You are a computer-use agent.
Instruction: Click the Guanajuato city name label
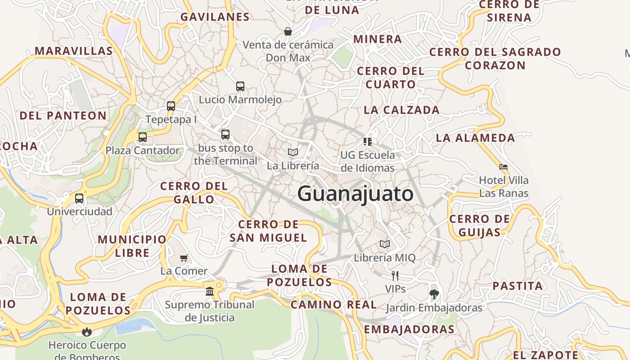coord(355,194)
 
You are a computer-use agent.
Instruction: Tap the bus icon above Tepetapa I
coord(171,106)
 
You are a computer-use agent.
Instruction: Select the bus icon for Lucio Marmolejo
coord(240,86)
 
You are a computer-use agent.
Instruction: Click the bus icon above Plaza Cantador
coord(143,137)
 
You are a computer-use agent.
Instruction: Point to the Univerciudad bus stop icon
coord(79,198)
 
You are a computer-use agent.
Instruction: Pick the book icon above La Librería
coord(293,153)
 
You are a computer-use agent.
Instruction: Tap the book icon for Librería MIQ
coord(384,244)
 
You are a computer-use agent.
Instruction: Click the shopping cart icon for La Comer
coord(184,258)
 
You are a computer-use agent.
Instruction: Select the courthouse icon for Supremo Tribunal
coord(210,291)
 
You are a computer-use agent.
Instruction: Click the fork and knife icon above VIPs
coord(395,275)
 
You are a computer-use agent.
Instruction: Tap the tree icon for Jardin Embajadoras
coord(434,295)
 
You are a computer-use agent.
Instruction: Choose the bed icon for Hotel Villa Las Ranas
coord(504,167)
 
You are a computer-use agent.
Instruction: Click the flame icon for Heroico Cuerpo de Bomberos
coord(87,332)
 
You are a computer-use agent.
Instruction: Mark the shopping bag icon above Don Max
coord(288,31)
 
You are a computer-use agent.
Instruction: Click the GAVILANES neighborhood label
coord(215,17)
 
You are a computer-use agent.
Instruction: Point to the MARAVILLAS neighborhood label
coord(74,51)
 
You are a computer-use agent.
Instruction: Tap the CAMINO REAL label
coord(333,305)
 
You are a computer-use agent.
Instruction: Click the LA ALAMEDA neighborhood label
coord(475,138)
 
